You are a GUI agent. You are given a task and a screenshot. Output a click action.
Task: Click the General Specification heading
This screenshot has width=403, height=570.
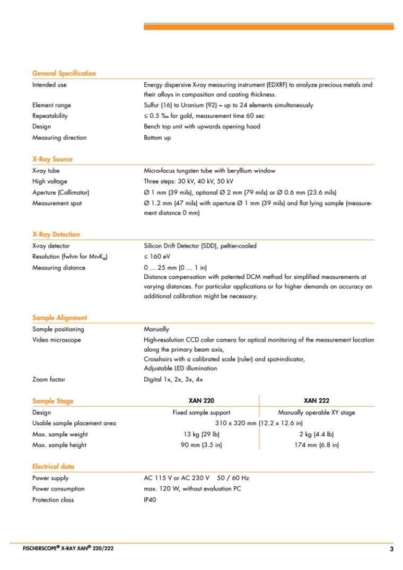(x=64, y=73)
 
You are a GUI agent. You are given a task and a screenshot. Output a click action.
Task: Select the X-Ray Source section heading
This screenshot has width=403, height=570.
(x=52, y=159)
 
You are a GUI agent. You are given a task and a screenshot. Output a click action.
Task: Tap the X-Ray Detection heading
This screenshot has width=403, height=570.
(x=56, y=234)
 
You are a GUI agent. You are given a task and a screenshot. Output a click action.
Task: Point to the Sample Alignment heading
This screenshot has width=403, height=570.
(x=59, y=318)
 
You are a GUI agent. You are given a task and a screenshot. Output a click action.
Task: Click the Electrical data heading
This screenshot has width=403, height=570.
(x=53, y=467)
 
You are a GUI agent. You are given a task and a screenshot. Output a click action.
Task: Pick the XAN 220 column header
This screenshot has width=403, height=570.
(x=202, y=401)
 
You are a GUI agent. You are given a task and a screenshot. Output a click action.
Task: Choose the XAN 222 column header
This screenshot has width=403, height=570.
(x=317, y=401)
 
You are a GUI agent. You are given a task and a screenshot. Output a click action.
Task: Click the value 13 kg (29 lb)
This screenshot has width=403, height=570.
(x=202, y=434)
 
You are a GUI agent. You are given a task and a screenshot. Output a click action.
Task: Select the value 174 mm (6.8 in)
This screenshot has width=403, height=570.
(x=317, y=445)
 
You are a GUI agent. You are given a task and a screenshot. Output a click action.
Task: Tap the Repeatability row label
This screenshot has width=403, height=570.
(x=50, y=116)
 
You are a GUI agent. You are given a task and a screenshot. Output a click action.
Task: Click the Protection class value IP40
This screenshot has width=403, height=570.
(x=150, y=500)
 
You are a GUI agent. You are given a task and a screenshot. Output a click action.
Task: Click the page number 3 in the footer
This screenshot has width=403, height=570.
(x=391, y=549)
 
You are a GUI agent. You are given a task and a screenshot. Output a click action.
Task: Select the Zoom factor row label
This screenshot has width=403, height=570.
(x=49, y=380)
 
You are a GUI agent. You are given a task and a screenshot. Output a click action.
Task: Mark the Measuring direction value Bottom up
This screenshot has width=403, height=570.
(x=157, y=138)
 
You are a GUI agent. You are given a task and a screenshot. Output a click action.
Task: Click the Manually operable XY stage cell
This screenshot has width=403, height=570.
(x=317, y=413)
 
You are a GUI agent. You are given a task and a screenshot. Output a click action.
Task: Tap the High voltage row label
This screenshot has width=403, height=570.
(x=50, y=181)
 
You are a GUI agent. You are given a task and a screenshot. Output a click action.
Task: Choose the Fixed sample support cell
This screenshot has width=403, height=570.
(x=202, y=413)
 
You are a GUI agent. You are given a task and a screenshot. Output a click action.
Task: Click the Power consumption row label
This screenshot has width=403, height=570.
(x=58, y=489)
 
